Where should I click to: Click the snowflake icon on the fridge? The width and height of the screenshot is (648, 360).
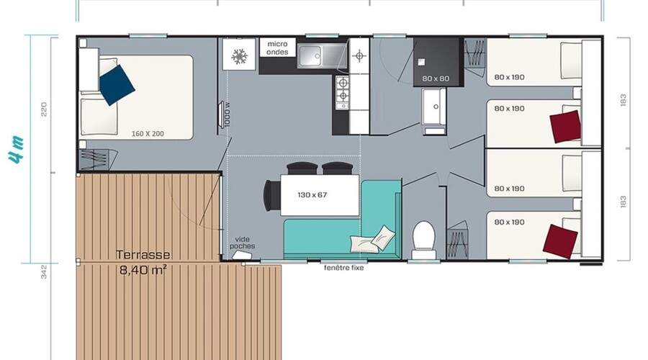point(239,57)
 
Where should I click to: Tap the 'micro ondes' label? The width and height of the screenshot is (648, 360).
point(277,48)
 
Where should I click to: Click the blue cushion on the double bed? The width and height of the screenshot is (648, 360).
point(117,85)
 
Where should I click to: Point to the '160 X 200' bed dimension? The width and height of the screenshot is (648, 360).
point(148,133)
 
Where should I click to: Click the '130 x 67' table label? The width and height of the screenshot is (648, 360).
point(312,194)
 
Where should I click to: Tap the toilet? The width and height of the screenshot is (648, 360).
point(424,240)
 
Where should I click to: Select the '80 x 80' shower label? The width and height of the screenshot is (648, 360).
point(436,78)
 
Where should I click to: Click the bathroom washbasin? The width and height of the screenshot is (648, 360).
point(434,107)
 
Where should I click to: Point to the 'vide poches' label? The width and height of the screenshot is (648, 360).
point(242,243)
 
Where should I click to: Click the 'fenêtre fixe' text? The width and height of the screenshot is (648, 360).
point(344,268)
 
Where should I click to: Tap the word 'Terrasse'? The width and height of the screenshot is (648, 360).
point(143,255)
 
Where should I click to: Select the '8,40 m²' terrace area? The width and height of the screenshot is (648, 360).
point(143,270)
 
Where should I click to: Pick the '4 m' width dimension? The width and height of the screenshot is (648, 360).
point(16,150)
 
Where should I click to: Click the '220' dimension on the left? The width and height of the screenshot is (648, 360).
point(44,109)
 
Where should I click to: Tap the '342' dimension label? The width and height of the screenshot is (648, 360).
point(44,272)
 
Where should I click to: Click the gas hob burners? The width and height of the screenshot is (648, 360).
point(343,90)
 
